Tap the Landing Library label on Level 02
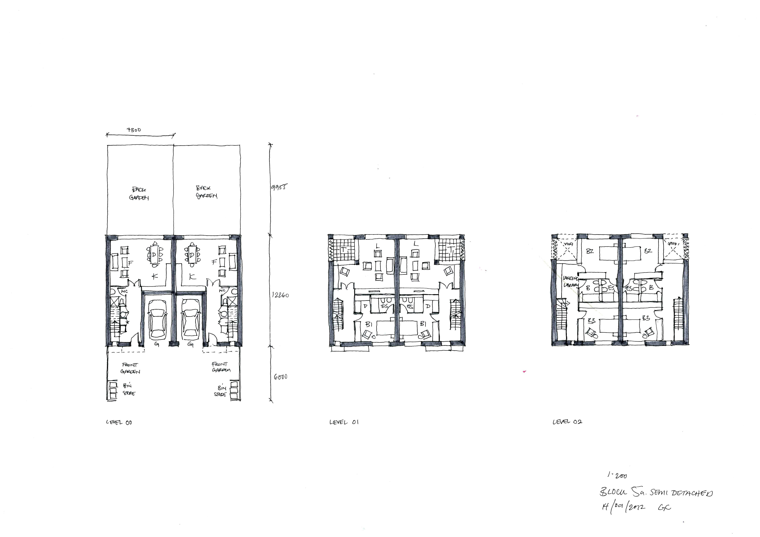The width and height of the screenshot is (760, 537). tap(571, 282)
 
